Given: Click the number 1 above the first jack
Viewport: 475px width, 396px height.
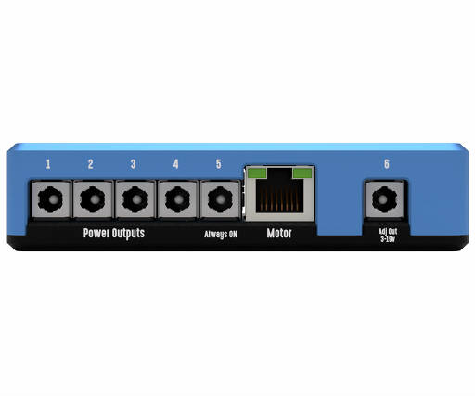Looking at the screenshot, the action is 48,164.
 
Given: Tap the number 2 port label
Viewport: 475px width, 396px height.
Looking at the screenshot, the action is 90,164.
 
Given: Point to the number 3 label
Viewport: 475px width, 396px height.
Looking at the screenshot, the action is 133,164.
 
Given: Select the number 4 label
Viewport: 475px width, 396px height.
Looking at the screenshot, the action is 175,164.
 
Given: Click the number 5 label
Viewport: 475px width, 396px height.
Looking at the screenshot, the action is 219,164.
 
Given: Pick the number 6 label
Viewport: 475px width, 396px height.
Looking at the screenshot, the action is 387,164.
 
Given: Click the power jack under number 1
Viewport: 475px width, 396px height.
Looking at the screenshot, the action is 50,199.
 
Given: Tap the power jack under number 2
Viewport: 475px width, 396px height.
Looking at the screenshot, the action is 93,199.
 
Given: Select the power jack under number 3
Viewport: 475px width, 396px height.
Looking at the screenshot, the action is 135,199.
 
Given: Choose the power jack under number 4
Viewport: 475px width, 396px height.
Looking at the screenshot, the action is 177,199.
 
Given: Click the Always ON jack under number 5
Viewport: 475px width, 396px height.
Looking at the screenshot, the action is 220,199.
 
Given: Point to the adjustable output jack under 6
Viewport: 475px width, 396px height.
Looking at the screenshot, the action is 384,199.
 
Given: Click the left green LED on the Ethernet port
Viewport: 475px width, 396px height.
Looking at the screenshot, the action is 257,173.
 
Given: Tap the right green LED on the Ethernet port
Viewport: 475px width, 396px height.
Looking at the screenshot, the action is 302,173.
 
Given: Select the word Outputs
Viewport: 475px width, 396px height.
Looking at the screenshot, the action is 128,233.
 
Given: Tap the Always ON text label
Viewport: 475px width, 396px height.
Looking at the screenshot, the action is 221,235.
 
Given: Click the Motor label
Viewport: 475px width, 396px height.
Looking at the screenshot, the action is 279,233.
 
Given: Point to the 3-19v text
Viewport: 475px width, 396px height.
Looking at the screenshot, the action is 388,239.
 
